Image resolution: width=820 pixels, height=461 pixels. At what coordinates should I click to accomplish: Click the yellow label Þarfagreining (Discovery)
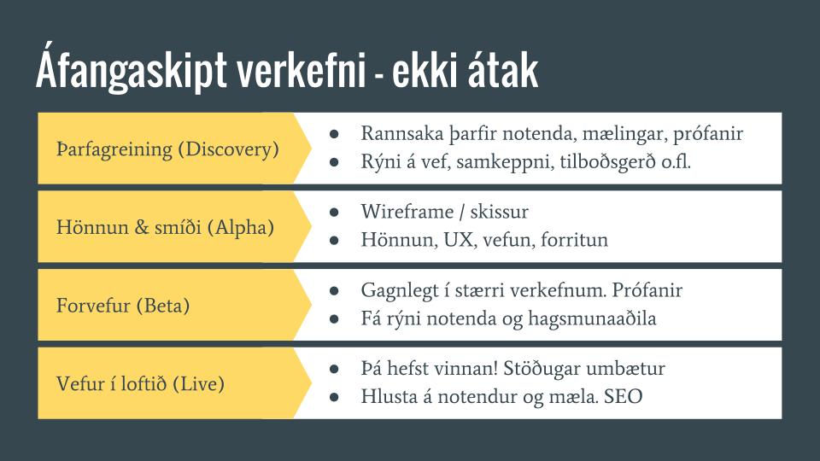coord(167,149)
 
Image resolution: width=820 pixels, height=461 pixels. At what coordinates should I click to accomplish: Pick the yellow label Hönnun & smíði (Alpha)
coord(165,227)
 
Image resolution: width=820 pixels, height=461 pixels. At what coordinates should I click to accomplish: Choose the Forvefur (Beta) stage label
coord(123,306)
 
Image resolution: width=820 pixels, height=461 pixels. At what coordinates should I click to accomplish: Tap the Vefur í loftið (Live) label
coord(140,383)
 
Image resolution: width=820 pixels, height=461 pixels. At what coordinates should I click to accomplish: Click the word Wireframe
coord(407,212)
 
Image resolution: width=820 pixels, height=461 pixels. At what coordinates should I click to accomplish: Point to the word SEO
coord(623,397)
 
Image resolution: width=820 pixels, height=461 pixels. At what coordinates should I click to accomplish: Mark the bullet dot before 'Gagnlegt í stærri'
coord(334,290)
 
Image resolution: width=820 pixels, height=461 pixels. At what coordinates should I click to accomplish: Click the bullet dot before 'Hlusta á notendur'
coord(334,397)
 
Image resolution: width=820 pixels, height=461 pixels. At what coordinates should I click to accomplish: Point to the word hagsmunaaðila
coord(592,318)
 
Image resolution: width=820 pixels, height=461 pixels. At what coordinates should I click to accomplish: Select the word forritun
coord(574,240)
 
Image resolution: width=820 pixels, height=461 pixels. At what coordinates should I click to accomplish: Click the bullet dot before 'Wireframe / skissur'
coord(334,213)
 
